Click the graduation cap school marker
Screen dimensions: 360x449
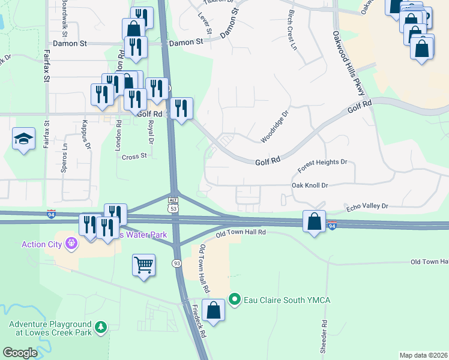tap(23, 140)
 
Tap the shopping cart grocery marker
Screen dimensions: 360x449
tap(144, 265)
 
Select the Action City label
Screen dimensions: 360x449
tap(42, 244)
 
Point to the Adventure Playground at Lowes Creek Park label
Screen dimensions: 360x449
tap(50, 328)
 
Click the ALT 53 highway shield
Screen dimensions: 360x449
tap(173, 203)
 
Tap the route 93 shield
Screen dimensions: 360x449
tap(176, 263)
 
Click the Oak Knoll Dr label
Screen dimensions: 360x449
tap(310, 186)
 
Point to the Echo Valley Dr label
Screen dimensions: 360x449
tap(367, 206)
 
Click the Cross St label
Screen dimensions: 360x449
tap(134, 157)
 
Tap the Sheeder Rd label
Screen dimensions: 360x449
tap(324, 336)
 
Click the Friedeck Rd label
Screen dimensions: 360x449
tap(199, 323)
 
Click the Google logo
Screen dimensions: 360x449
tap(20, 353)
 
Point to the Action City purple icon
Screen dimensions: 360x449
tap(71, 244)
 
